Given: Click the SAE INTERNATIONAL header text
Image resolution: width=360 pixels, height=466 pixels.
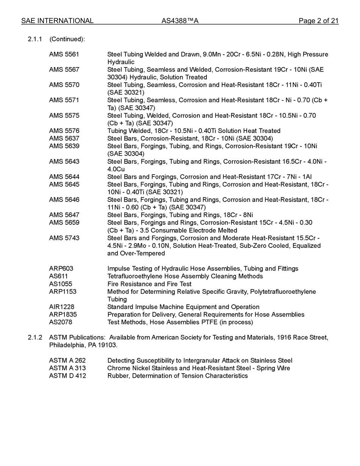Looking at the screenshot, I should [57, 21].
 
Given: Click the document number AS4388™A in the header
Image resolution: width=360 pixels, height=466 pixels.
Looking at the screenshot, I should [180, 21].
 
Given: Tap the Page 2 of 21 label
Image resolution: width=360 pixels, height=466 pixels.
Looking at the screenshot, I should [318, 21].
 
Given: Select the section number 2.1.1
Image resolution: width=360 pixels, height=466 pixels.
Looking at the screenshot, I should [35, 39].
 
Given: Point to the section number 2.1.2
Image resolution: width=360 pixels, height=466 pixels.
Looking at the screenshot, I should [35, 337].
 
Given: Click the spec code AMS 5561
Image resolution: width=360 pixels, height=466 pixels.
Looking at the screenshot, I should [64, 55].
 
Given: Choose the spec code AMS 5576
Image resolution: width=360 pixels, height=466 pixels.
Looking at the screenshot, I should [64, 131].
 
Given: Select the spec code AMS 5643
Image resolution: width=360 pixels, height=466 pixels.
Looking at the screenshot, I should [64, 161].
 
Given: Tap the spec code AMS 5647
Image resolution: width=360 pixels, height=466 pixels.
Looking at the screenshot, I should [64, 215].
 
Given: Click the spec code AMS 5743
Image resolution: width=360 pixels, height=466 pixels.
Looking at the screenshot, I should [64, 238].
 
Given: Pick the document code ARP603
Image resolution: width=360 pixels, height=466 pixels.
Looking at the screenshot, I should [61, 269].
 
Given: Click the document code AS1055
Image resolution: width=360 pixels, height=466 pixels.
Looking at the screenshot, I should [61, 284].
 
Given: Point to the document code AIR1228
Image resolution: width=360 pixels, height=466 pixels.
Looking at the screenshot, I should [62, 307].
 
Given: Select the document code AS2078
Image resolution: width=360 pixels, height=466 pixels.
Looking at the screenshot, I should [61, 322].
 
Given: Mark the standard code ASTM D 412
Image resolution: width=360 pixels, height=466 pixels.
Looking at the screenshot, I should [67, 376].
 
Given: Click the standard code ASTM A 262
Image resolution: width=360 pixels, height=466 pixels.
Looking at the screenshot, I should [67, 361].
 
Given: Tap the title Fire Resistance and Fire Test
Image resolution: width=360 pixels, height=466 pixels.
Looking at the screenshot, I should [149, 284].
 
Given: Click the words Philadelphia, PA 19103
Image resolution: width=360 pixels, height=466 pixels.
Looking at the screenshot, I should [83, 345].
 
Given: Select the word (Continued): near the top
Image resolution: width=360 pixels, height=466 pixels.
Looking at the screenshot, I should [67, 39].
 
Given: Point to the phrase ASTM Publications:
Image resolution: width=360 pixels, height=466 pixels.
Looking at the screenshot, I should [77, 337].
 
